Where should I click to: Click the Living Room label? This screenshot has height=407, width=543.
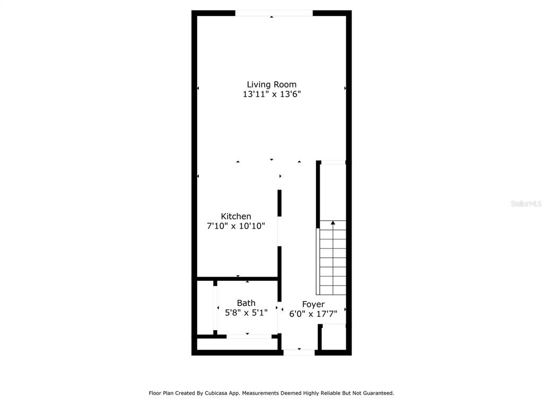coord(271,84)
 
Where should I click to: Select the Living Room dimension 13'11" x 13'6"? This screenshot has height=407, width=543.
coord(271,94)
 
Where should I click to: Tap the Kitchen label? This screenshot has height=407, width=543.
coord(236,216)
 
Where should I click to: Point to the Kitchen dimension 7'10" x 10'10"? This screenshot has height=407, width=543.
coord(236,226)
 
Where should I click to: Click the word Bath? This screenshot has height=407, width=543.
coord(246,303)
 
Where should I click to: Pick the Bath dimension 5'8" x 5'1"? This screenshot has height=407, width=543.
coord(246,313)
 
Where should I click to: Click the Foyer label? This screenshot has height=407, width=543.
coord(313,305)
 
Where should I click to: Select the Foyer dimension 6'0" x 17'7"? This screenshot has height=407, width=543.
coord(313,314)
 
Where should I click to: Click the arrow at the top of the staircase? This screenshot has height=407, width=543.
coord(333,223)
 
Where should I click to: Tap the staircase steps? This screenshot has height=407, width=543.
coord(332,258)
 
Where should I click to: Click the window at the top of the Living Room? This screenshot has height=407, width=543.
coord(274,13)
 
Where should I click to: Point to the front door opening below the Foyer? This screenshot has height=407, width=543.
coord(299,352)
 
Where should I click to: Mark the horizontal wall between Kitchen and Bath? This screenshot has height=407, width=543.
coord(238,279)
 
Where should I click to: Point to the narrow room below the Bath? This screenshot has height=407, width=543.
coord(237,344)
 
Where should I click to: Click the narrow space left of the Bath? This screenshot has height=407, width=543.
coord(205,308)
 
